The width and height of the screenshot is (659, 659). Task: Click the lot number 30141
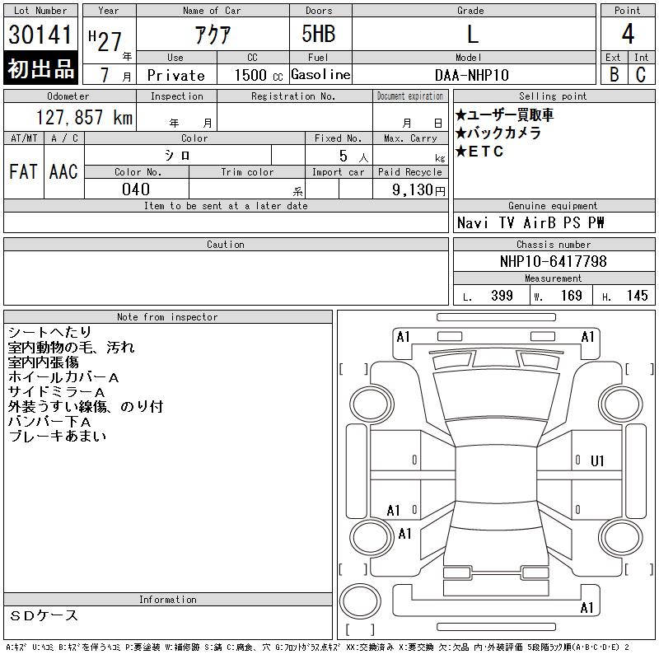(40, 35)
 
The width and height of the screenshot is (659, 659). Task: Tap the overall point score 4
(628, 34)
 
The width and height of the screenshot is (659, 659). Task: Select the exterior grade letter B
(614, 74)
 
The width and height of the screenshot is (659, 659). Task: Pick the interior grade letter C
(641, 74)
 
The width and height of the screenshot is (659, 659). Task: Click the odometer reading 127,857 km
(84, 117)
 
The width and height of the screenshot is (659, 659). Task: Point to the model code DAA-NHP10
(471, 75)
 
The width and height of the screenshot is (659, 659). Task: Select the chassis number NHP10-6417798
(553, 261)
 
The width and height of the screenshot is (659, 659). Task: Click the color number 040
(136, 189)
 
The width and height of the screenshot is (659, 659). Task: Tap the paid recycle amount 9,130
(413, 189)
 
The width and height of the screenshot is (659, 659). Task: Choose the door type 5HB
(319, 34)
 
